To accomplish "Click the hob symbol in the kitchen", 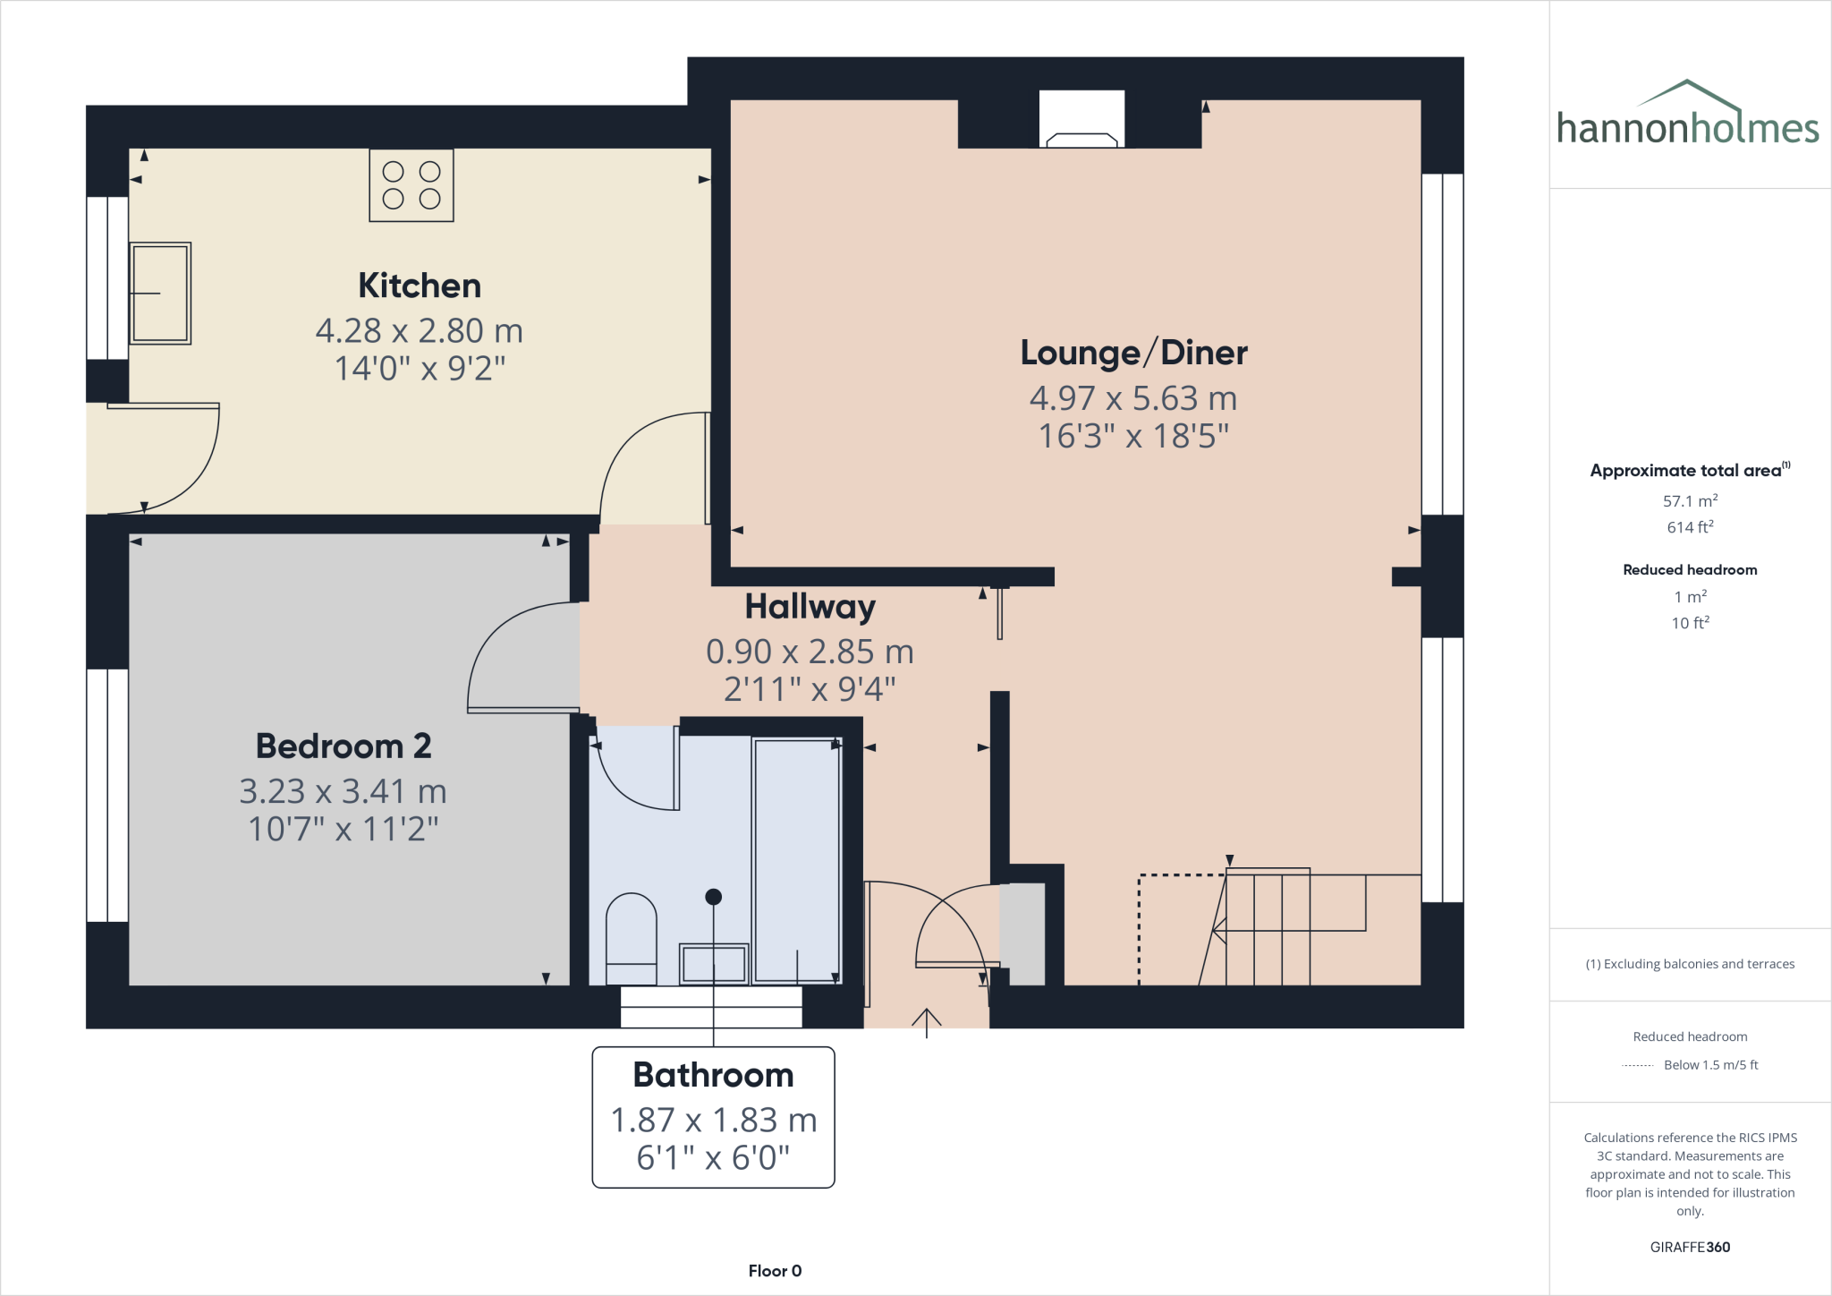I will pos(411,185).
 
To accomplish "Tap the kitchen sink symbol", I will pos(160,294).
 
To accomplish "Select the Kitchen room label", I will pos(420,286).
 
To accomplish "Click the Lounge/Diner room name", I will pos(1133,353).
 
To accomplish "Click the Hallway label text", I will pos(810,607).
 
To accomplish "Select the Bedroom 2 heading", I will pos(343,746).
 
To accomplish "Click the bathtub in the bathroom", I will pos(797,859).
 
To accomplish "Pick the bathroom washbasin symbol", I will pos(713,964).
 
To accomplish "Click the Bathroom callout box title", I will pos(713,1075).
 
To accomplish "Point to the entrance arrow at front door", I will pos(926,1021).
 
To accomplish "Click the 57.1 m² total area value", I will pos(1690,501).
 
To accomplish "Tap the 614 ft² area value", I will pos(1690,527).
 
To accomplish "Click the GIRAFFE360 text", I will pos(1690,1247).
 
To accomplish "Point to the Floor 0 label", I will pos(775,1271).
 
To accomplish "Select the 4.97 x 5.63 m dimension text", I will pos(1132,398).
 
